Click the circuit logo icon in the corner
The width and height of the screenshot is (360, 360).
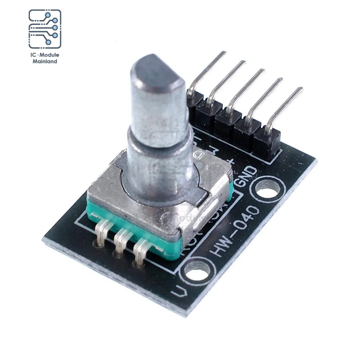(x=45, y=29)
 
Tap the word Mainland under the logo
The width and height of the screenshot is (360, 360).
(x=45, y=62)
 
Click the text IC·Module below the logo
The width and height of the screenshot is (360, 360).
(x=45, y=55)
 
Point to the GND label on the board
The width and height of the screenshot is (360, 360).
(x=248, y=176)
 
